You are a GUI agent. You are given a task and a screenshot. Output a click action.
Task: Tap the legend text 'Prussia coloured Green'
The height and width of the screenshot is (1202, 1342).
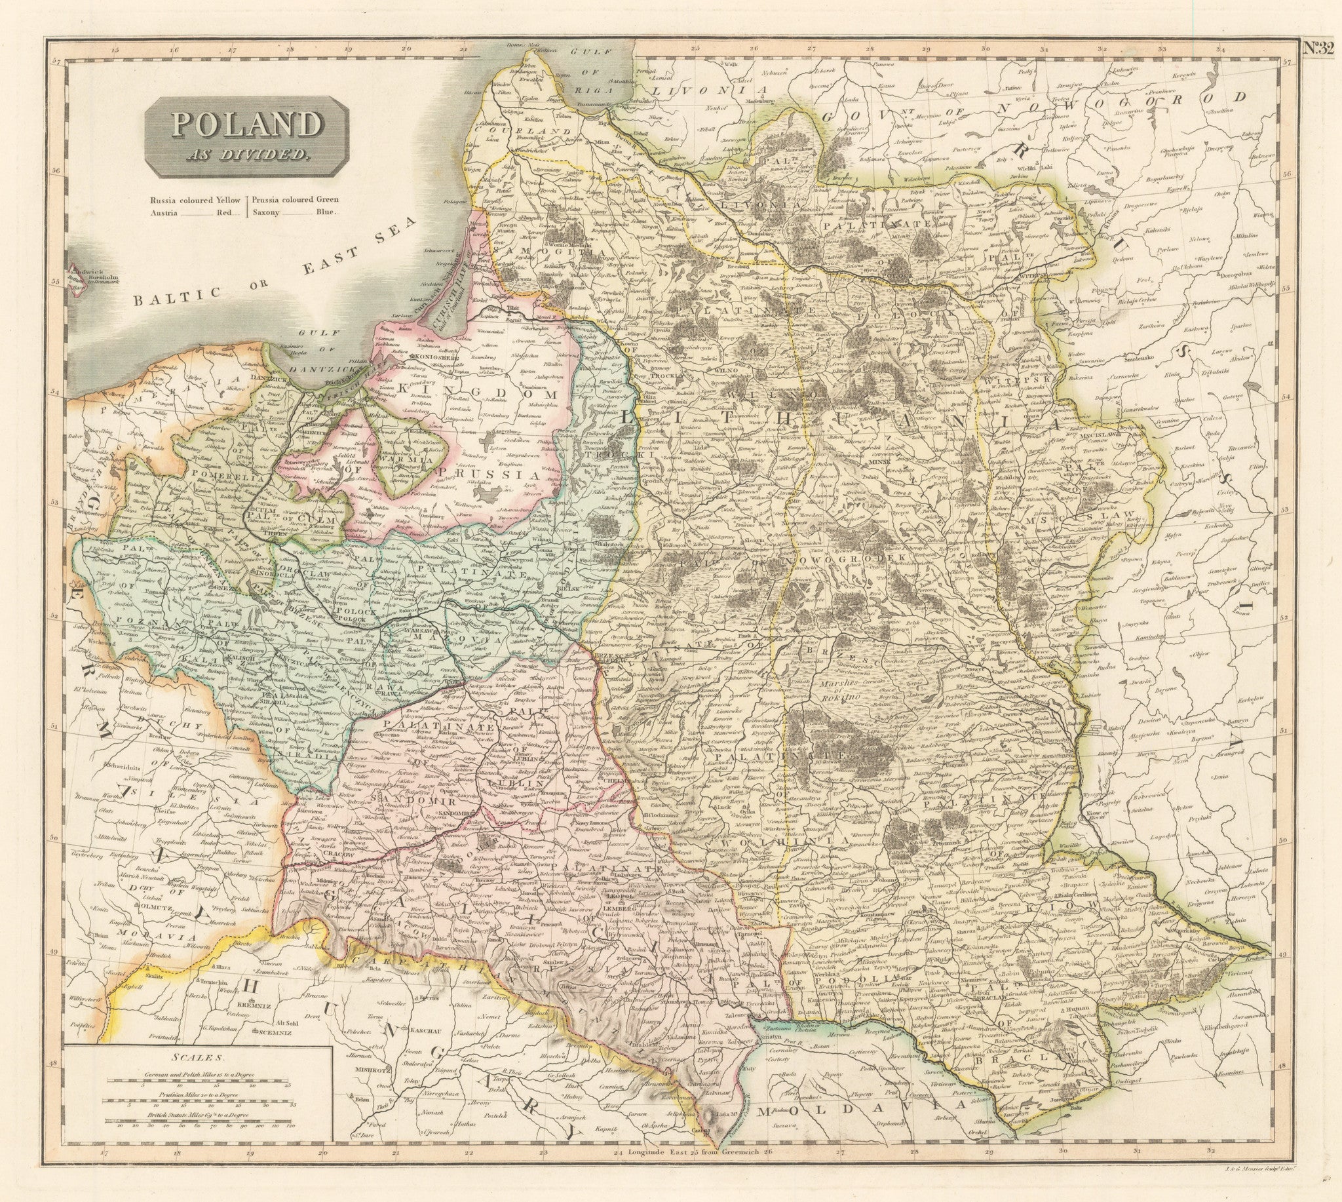click(292, 200)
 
